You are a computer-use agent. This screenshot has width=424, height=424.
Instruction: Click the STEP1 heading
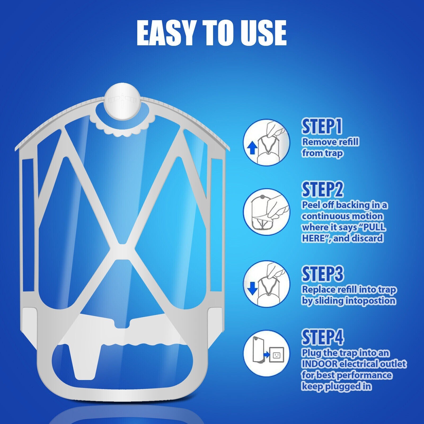click(322, 127)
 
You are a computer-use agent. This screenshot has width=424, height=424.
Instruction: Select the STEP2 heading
click(323, 189)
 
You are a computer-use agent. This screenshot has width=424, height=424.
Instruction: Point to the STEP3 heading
click(323, 274)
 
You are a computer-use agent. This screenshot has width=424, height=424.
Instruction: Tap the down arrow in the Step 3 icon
click(253, 288)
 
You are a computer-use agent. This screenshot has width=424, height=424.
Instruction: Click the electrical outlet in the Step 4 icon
click(277, 354)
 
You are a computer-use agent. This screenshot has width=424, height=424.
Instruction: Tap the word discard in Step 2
click(368, 238)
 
